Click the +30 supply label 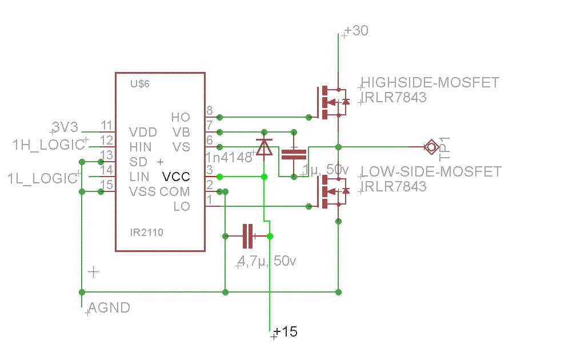(357, 31)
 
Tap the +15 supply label (286, 332)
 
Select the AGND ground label (109, 308)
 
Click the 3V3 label (64, 126)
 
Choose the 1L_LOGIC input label (42, 178)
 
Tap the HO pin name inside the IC (181, 117)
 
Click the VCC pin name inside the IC (176, 177)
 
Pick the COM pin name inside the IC (175, 191)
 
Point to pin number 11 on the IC (106, 126)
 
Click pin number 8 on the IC (210, 110)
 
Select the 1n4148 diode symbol (264, 146)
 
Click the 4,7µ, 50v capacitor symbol (247, 236)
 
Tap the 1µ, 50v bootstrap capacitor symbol (294, 153)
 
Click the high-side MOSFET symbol (331, 102)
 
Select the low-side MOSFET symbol (331, 191)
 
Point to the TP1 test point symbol (430, 147)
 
